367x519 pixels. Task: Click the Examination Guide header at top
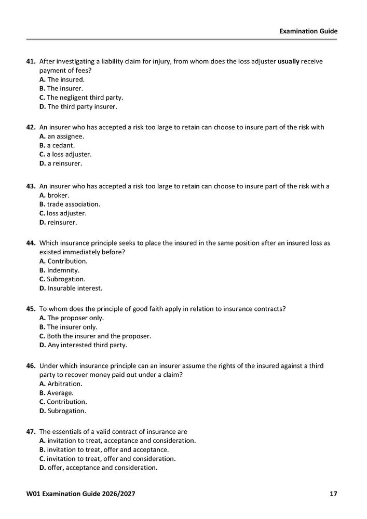tap(308, 31)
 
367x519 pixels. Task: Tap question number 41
tap(31, 61)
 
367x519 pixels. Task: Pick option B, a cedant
tap(57, 145)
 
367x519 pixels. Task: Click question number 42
tap(31, 127)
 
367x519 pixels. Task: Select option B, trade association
tap(70, 204)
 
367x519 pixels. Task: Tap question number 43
tap(31, 186)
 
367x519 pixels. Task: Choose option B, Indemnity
tap(59, 270)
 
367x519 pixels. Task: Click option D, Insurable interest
tap(71, 288)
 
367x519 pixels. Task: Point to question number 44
tap(31, 243)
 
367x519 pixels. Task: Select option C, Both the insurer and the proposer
tap(95, 336)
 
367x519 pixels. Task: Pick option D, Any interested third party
tap(83, 345)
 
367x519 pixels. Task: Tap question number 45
tap(31, 309)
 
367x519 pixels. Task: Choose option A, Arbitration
tap(61, 384)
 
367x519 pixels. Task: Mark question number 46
tap(31, 366)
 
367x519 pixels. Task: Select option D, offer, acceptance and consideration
tap(98, 468)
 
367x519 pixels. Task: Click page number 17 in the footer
tap(333, 494)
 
